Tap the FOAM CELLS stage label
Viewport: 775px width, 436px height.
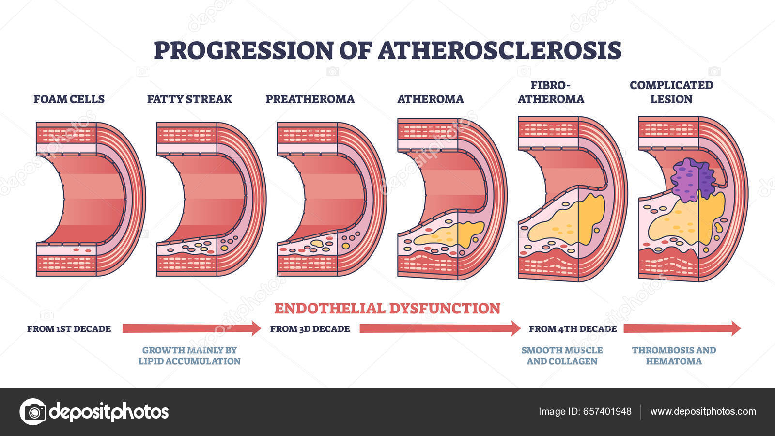(69, 99)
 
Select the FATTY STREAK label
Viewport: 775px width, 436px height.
(189, 99)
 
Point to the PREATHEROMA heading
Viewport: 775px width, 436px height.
(310, 99)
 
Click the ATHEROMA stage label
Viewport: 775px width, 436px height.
(430, 99)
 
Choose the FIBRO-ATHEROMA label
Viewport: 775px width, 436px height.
(551, 92)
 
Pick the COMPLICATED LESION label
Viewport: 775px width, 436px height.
(671, 92)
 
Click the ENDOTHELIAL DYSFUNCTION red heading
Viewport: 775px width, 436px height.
(387, 309)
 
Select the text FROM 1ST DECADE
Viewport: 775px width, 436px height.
(69, 329)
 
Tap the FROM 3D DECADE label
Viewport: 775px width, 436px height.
(310, 329)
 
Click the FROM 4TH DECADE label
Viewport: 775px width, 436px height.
(573, 329)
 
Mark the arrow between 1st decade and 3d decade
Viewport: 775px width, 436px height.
(191, 328)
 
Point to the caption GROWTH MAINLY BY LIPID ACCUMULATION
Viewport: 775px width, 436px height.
(189, 356)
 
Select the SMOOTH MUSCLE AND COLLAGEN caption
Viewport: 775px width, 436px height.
(562, 356)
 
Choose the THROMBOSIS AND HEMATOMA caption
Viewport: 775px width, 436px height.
(674, 356)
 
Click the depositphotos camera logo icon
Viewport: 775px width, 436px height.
(33, 412)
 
